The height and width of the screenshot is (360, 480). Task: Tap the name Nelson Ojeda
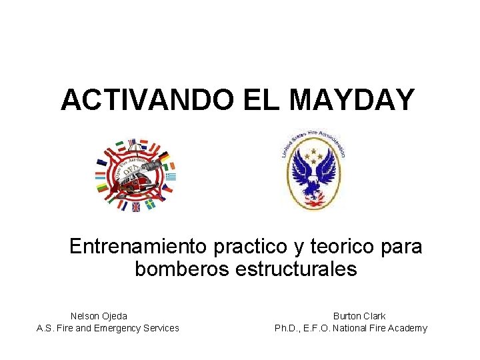point(99,316)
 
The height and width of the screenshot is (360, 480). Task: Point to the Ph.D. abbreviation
point(287,328)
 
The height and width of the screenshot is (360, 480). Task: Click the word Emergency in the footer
point(113,328)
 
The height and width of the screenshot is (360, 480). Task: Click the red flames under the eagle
point(312,197)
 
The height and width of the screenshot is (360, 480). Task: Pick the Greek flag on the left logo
point(171,177)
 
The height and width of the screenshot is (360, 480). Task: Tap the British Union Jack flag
point(136,207)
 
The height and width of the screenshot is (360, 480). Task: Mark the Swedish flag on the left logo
point(151,204)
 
